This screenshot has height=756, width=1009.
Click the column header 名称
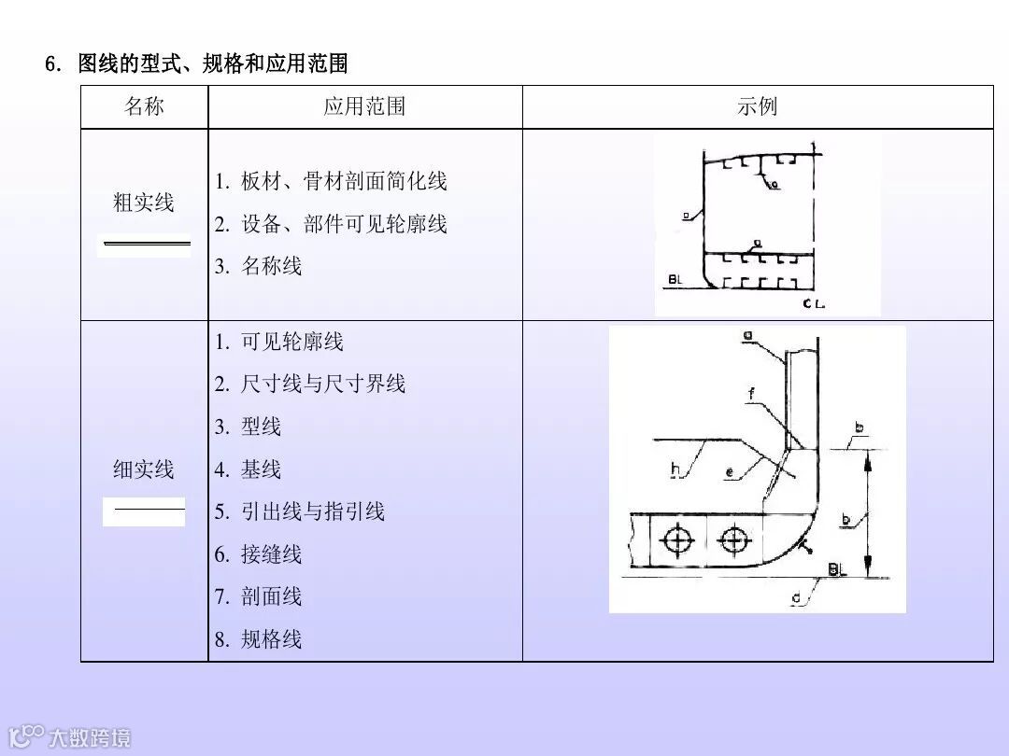144,106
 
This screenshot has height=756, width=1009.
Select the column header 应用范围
364,106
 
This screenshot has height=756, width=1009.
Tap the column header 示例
757,106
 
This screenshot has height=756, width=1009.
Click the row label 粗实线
144,203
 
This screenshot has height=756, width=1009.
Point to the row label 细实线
144,469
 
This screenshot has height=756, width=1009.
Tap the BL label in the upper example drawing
676,279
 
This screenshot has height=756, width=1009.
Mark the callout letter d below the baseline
795,596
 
